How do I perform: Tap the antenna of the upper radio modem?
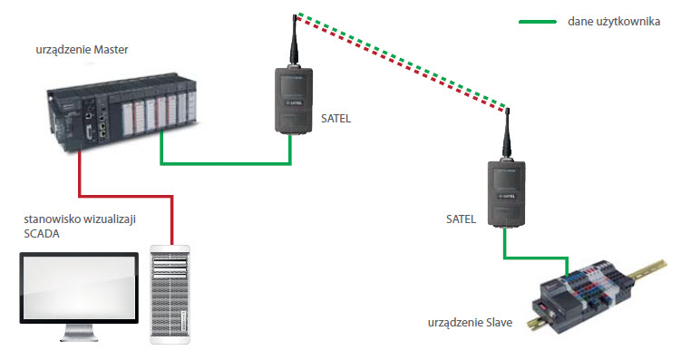pos(295,41)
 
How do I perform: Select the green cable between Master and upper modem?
pos(227,164)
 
